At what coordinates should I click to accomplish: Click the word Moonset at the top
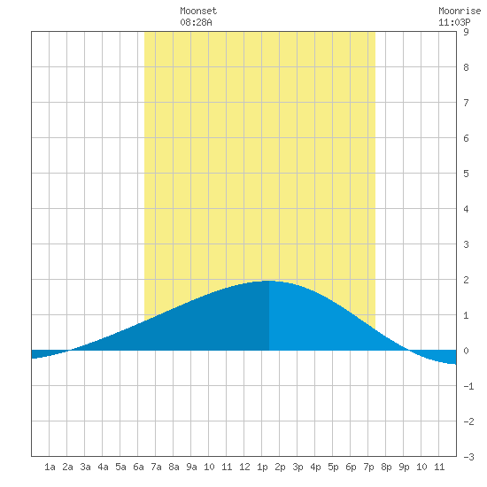tap(198, 11)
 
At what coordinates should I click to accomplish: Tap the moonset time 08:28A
tap(196, 22)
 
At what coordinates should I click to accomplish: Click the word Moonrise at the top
tap(460, 11)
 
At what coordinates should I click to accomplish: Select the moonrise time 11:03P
tap(454, 22)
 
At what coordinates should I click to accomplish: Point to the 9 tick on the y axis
tap(466, 32)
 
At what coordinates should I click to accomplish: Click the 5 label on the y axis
tap(466, 174)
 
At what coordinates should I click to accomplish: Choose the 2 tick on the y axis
tap(466, 280)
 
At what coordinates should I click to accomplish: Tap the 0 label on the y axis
tap(466, 351)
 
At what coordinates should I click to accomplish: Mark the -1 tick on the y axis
tap(468, 386)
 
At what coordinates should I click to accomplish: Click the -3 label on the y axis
tap(468, 457)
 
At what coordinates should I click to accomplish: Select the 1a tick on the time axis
tap(50, 467)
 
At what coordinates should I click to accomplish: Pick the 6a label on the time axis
tap(138, 467)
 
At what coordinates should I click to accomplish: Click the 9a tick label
tap(191, 467)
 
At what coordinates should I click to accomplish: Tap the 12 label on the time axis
tap(244, 467)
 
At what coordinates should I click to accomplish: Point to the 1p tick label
tap(262, 467)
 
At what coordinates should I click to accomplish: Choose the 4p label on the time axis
tap(315, 467)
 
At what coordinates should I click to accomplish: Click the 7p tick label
tap(368, 467)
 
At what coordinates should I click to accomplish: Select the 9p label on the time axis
tap(404, 467)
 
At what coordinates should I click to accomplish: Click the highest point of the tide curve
tap(269, 281)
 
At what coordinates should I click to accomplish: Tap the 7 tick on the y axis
tap(466, 103)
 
